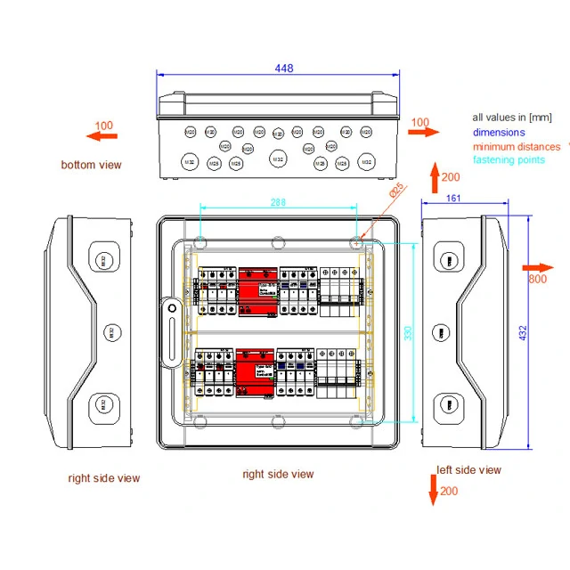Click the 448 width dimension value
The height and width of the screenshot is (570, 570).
[x=284, y=69]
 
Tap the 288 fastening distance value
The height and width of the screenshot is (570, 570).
[x=279, y=203]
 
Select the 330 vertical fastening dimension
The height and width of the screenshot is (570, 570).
[x=409, y=332]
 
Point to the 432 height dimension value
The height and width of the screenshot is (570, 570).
[x=523, y=332]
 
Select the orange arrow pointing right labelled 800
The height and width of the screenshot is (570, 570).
[x=537, y=267]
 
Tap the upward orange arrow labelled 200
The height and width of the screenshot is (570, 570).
[x=435, y=178]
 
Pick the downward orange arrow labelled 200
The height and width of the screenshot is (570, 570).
[x=434, y=490]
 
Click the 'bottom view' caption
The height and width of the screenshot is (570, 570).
[x=91, y=165]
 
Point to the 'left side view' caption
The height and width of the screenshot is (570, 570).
[x=468, y=470]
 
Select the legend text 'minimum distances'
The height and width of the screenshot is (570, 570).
[x=517, y=147]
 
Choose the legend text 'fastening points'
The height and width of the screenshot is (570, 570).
[x=509, y=160]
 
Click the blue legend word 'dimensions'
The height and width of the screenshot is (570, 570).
[x=499, y=133]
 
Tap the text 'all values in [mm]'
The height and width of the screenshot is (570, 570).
[x=512, y=118]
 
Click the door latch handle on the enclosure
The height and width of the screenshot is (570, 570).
[x=169, y=333]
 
